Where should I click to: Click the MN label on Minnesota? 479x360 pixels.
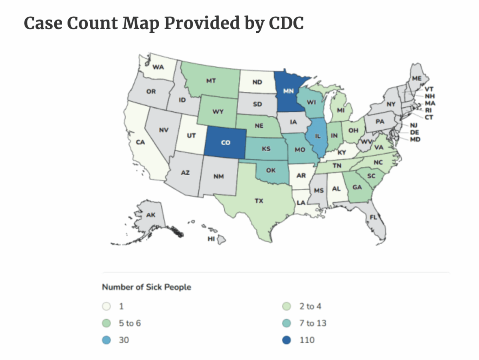(288, 91)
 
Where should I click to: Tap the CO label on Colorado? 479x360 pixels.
(226, 142)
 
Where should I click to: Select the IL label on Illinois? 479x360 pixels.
(317, 136)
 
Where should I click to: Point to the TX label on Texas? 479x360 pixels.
(259, 201)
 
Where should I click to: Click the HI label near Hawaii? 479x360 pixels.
(211, 239)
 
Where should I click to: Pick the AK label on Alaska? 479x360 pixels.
(151, 215)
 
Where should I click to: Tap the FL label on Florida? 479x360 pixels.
(373, 217)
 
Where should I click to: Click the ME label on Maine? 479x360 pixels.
(417, 78)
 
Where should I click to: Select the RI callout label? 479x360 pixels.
(428, 110)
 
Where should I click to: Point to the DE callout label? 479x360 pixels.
(414, 133)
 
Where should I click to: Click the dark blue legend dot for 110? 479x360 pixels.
(287, 340)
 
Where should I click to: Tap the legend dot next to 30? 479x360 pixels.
(106, 340)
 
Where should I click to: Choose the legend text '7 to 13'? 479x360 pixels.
(313, 323)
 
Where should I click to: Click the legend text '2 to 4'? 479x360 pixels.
(310, 307)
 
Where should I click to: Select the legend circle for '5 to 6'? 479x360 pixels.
(106, 323)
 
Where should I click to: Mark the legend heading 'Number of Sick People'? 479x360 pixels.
(146, 287)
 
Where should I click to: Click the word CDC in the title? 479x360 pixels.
(286, 23)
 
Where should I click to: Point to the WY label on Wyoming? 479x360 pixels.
(218, 112)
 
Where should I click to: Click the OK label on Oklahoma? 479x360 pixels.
(271, 170)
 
